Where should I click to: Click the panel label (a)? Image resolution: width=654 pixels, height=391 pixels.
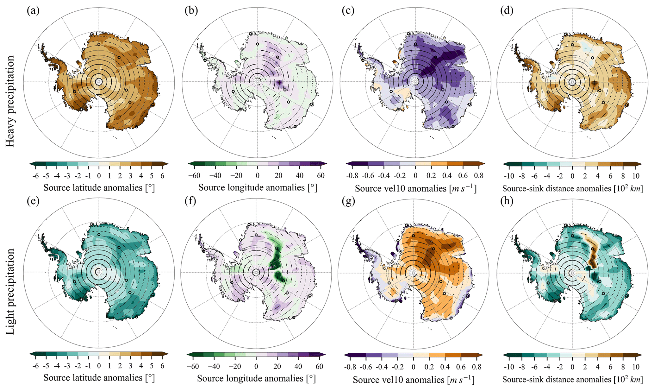(33, 11)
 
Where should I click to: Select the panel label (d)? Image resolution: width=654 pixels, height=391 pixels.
(507, 11)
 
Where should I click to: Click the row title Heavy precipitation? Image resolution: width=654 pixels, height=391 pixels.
(10, 101)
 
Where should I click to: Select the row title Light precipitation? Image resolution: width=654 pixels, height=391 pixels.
(10, 291)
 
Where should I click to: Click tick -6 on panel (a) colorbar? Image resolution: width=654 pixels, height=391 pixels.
(35, 176)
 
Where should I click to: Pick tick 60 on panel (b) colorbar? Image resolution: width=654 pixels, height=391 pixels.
(321, 176)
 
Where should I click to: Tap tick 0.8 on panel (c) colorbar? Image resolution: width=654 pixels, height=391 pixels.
(479, 176)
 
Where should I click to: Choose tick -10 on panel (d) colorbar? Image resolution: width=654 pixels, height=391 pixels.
(509, 176)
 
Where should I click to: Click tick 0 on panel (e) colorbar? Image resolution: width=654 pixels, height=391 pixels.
(99, 366)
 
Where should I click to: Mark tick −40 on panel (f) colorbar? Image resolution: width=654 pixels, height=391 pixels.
(214, 366)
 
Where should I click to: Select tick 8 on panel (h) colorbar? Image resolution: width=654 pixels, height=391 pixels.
(623, 367)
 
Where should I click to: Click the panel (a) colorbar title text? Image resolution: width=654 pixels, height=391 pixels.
(99, 188)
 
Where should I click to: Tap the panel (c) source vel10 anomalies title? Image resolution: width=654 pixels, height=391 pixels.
(415, 188)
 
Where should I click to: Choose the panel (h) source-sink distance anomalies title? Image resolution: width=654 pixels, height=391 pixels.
(572, 379)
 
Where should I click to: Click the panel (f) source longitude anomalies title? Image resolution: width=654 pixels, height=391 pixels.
(256, 378)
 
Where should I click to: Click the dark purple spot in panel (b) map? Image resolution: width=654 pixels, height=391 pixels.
(279, 83)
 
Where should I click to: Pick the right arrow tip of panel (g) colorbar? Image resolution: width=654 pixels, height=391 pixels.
(483, 355)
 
